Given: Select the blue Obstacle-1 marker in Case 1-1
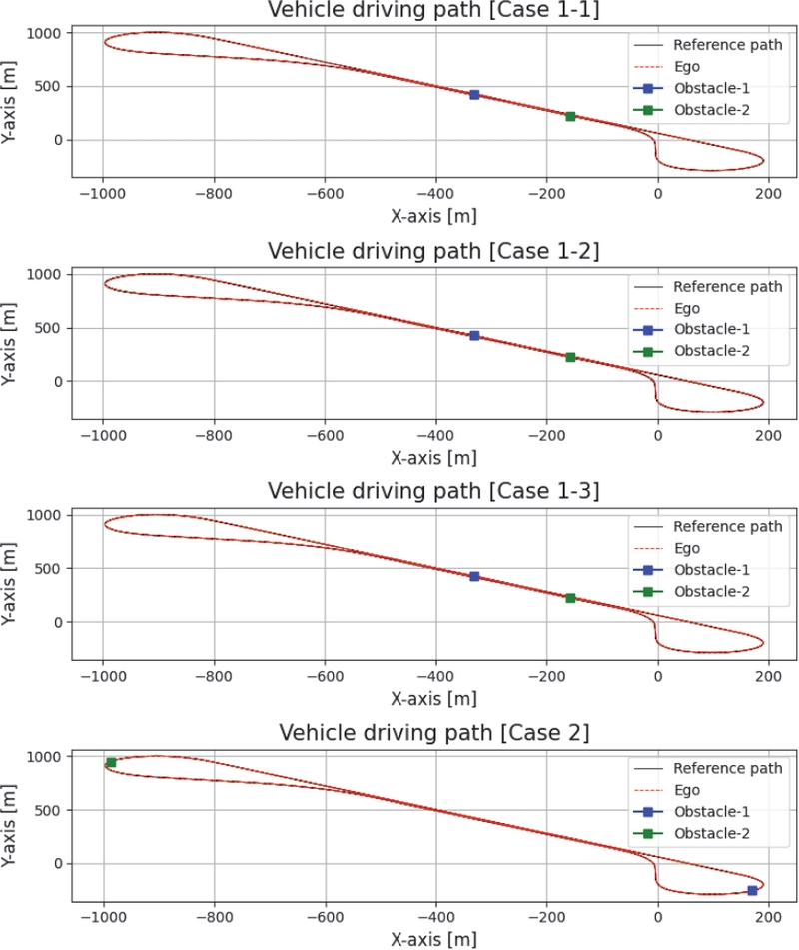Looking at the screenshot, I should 474,95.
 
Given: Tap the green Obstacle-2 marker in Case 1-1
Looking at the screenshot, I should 570,117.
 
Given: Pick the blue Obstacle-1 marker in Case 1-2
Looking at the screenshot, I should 474,336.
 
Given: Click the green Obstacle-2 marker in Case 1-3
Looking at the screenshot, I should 570,598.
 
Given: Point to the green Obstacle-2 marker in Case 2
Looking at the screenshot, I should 111,763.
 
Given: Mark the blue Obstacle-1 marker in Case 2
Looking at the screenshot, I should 752,891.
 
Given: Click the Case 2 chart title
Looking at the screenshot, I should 434,733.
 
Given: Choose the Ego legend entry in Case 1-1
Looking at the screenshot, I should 687,66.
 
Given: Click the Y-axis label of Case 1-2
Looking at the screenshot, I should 12,338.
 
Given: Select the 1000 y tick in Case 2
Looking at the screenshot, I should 48,757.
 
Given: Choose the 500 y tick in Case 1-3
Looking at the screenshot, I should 52,569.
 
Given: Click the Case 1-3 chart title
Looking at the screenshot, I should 434,491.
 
